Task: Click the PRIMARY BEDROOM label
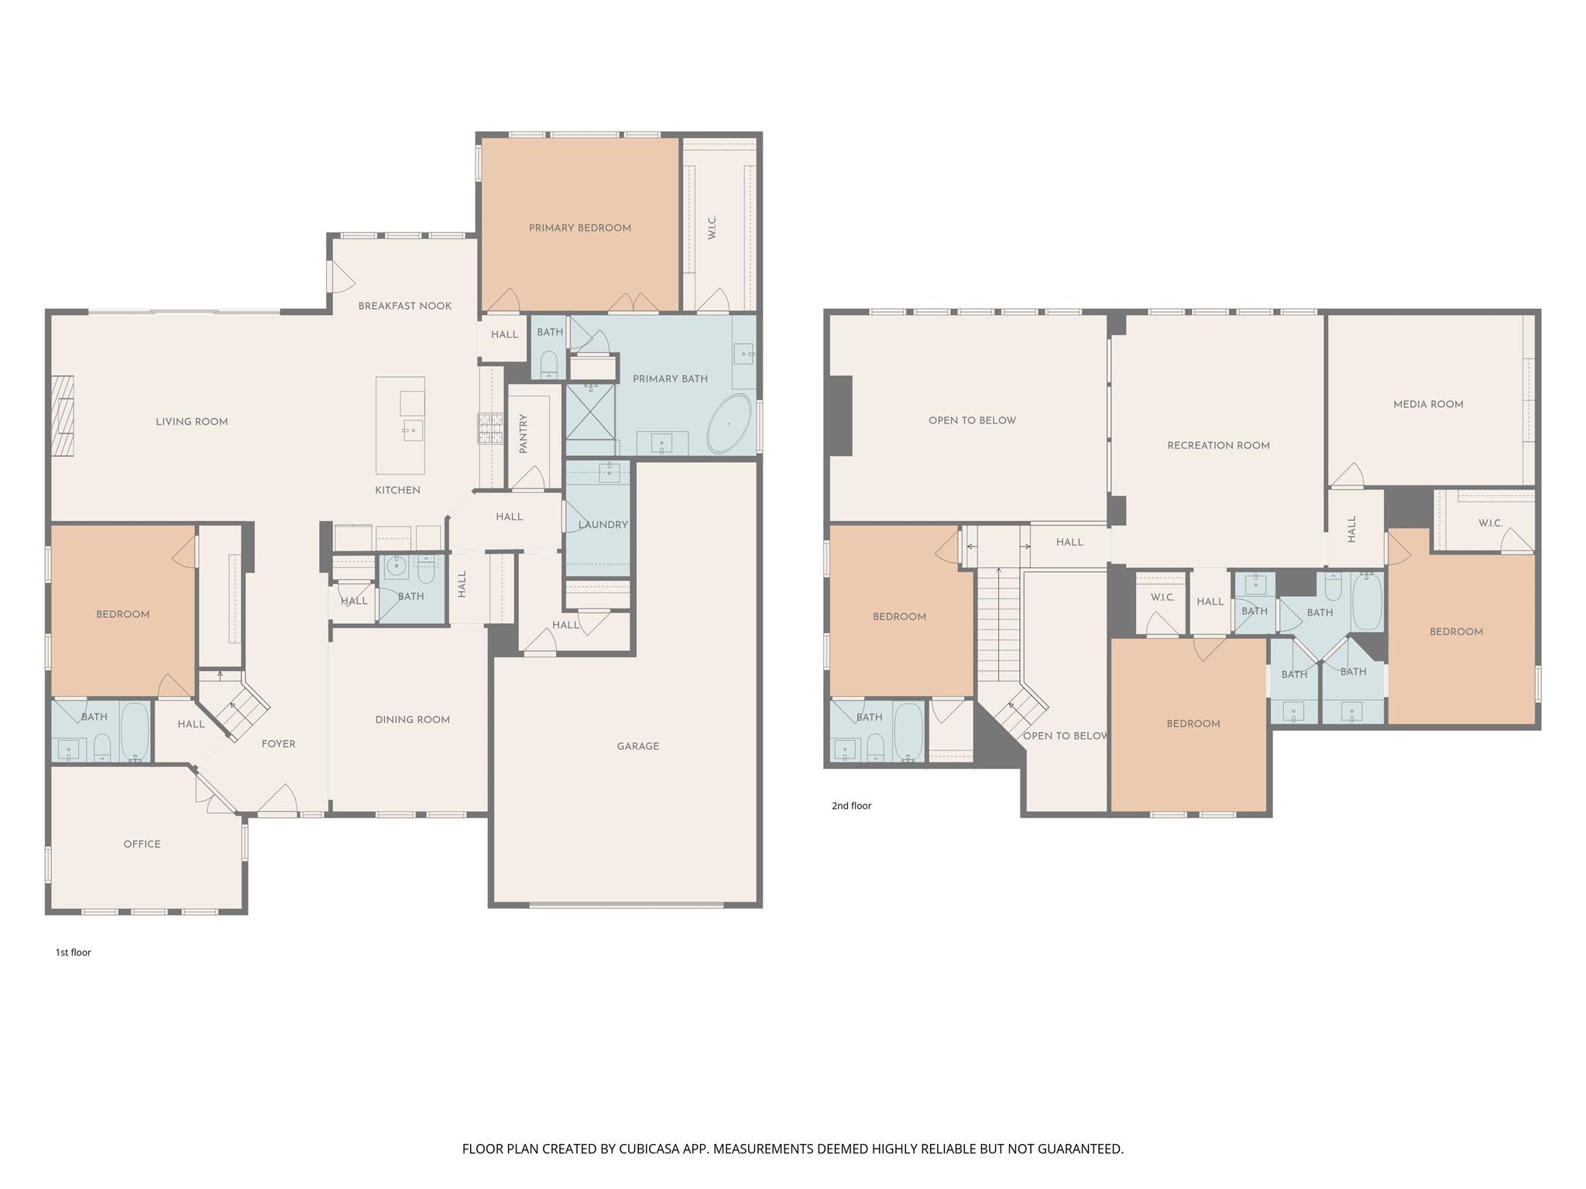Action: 580,228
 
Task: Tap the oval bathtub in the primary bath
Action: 729,424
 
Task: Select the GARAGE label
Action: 638,746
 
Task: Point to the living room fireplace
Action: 63,416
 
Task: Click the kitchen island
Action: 400,425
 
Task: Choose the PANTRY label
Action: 524,433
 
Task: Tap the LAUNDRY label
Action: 603,524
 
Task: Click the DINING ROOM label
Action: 413,720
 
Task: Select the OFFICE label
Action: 142,844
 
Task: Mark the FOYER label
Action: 279,744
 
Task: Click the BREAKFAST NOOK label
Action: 405,306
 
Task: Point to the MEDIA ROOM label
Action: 1428,404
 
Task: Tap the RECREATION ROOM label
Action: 1219,445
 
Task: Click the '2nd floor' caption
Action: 852,806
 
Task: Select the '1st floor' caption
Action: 74,952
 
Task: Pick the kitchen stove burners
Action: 489,429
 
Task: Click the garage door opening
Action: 627,903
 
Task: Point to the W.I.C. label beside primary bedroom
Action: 712,228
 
